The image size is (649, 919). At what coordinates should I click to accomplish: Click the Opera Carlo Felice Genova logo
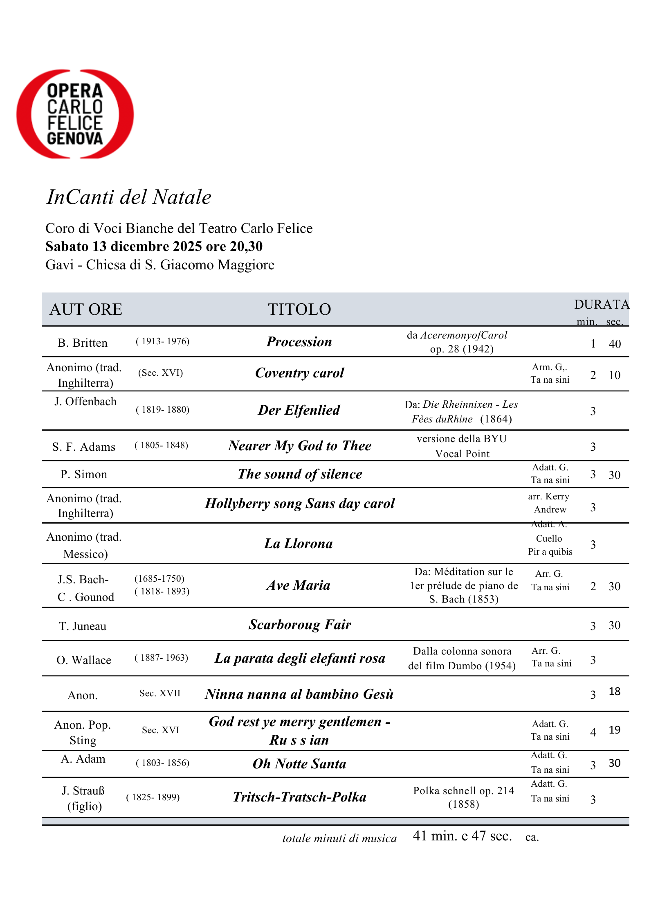point(75,114)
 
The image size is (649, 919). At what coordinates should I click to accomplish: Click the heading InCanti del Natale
point(129,197)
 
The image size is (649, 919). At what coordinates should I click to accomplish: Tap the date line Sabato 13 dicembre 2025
point(154,246)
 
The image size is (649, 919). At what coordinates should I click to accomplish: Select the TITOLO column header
point(299,309)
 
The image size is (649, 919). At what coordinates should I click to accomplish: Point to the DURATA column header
point(601,305)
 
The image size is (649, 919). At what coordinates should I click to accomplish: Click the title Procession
point(299,342)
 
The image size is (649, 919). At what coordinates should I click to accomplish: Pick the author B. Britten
point(83,343)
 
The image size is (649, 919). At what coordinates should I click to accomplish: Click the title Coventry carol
point(299,373)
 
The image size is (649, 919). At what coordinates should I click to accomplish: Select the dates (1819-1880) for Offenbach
point(162,410)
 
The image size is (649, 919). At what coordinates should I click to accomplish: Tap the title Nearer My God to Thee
point(300,445)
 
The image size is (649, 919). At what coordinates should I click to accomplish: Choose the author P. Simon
point(84,474)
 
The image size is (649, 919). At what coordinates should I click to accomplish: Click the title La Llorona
point(299,544)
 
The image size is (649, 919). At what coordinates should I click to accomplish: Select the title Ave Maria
point(299,585)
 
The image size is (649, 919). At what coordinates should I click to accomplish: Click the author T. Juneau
point(83,626)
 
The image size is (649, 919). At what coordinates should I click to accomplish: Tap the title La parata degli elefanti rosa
point(300,658)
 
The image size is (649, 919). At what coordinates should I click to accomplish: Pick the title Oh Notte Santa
point(299,764)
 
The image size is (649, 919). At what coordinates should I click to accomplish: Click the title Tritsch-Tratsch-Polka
point(299,797)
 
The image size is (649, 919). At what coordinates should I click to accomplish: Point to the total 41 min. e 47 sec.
point(462,836)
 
